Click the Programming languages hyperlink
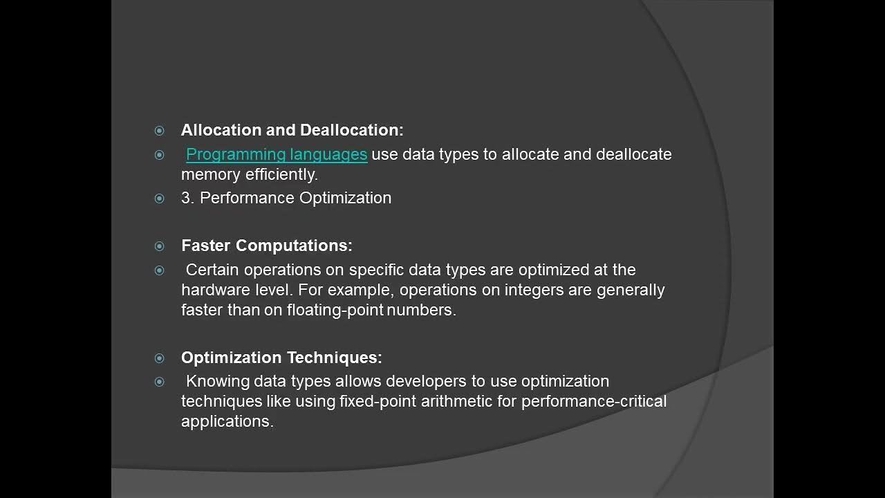coord(277,154)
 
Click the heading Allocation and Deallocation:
coord(292,130)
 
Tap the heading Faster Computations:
coord(267,246)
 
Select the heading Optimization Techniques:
coord(281,358)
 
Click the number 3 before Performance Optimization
coord(186,198)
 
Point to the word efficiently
coord(281,174)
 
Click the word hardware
coord(208,290)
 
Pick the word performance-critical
coord(594,401)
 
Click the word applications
coord(227,421)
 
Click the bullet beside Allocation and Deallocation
coord(160,131)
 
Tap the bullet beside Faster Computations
coord(160,246)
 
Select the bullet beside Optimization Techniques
coord(160,358)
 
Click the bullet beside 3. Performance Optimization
coord(160,199)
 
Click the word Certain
coord(212,270)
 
